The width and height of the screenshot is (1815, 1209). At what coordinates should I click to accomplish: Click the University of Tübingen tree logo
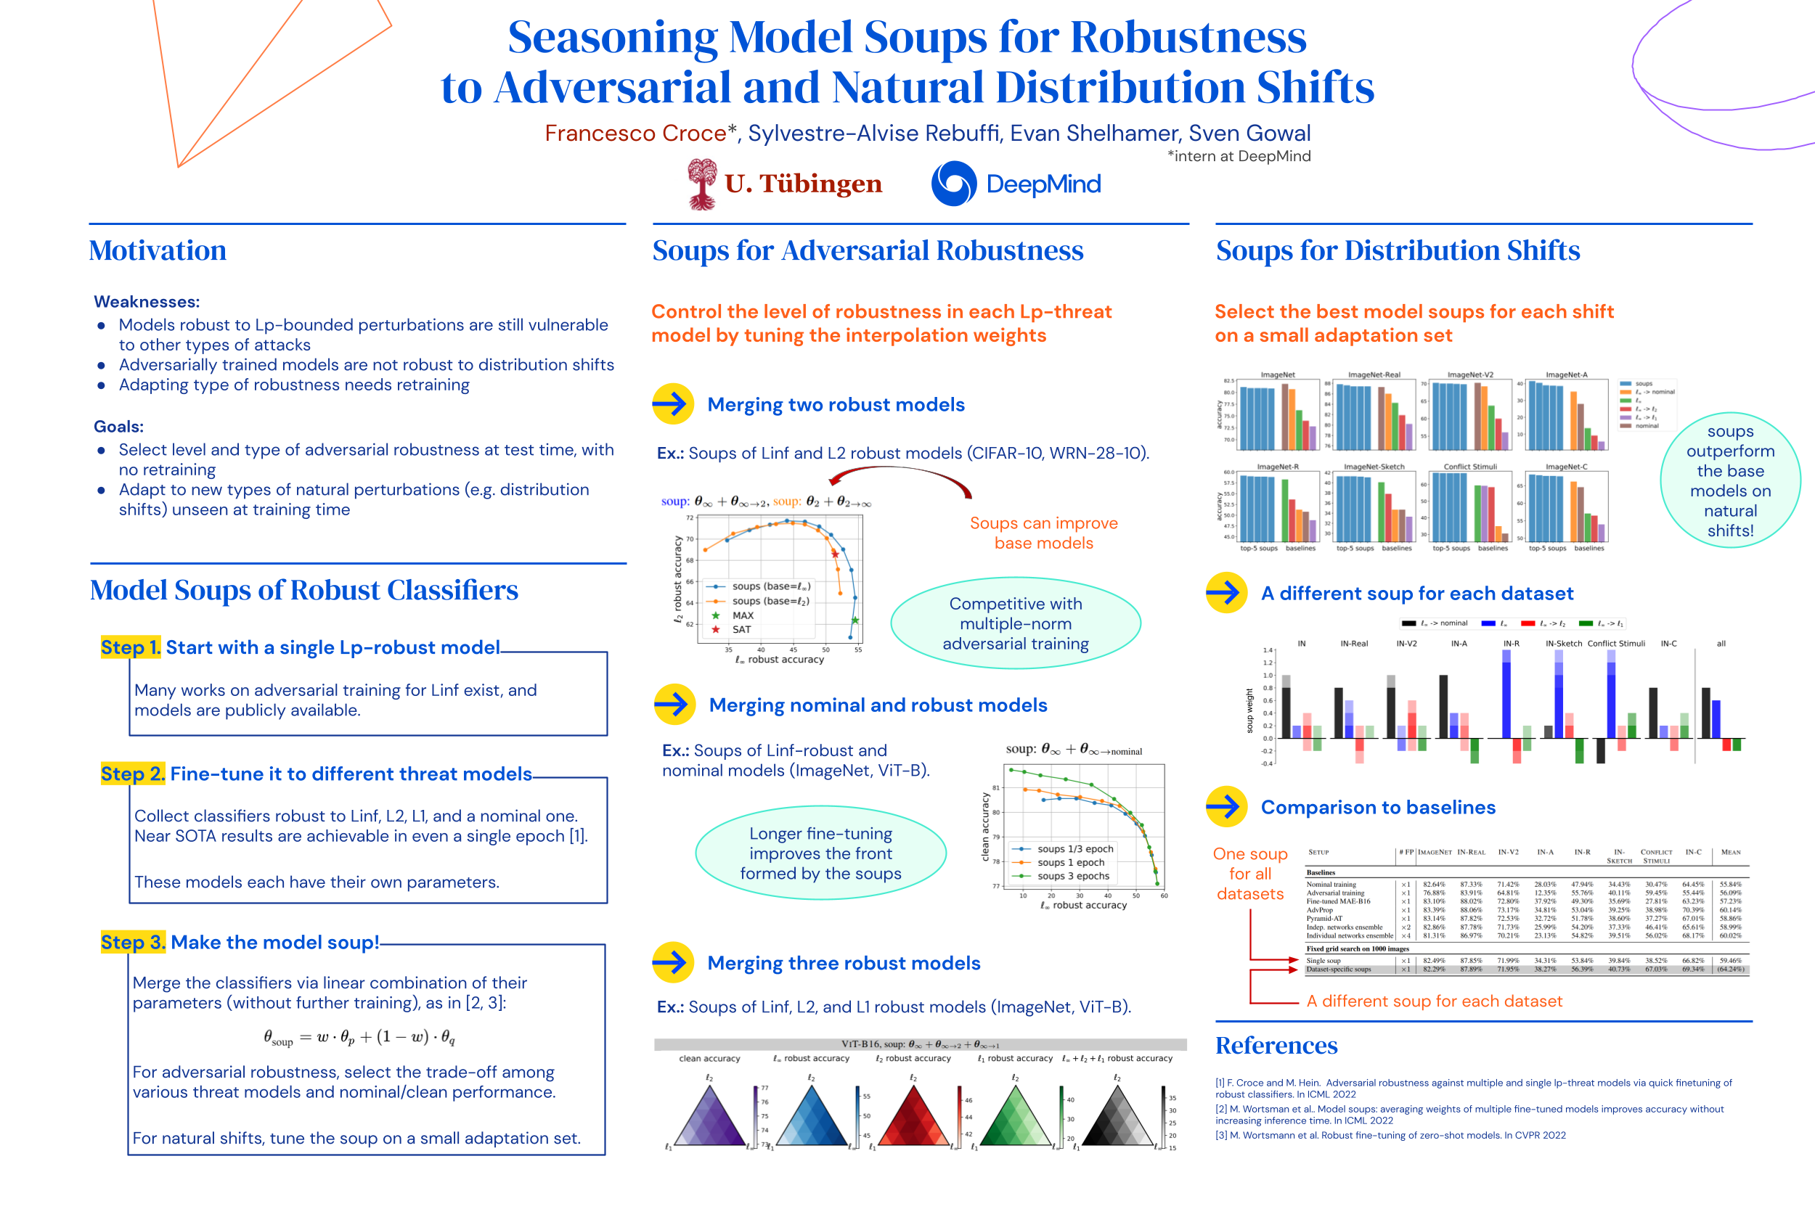tap(701, 184)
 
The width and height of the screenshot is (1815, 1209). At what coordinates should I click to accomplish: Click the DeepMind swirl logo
tap(954, 184)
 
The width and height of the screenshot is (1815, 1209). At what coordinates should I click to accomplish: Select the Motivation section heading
tap(158, 250)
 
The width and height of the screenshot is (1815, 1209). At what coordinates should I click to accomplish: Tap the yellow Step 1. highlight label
tap(131, 647)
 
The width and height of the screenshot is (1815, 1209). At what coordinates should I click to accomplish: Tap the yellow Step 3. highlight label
tap(133, 942)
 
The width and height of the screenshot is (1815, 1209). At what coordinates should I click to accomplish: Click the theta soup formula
tap(359, 1038)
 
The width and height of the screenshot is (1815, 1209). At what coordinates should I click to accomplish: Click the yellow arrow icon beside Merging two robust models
tap(672, 404)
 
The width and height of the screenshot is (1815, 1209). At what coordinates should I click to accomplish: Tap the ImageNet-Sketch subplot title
tap(1374, 467)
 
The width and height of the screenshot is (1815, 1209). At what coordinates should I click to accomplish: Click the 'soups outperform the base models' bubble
tap(1730, 480)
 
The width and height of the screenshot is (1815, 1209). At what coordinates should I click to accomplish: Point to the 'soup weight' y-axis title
tap(1249, 710)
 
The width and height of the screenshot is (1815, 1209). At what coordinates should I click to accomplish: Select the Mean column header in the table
tap(1730, 852)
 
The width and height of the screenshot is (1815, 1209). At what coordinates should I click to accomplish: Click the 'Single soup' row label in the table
tap(1323, 961)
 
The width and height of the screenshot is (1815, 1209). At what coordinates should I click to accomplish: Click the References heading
tap(1276, 1046)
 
